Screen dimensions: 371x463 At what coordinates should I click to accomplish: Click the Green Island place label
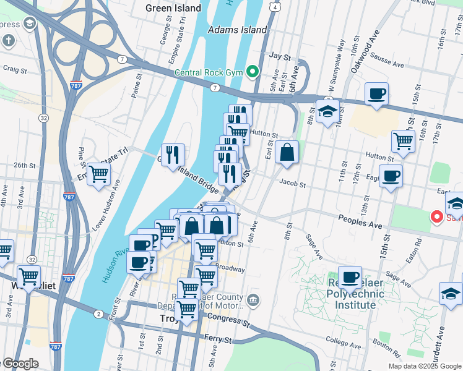[x=173, y=8]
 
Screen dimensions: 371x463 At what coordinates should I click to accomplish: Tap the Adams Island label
[x=238, y=30]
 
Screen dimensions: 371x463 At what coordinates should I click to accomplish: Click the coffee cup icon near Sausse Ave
[x=376, y=95]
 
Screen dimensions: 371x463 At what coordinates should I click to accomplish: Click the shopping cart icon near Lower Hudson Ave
[x=98, y=175]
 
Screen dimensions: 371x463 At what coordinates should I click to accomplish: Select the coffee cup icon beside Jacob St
[x=391, y=176]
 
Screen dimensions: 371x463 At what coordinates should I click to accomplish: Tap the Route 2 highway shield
[x=98, y=314]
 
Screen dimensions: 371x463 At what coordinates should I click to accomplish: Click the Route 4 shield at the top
[x=273, y=7]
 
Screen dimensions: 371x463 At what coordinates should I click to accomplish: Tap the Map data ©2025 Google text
[x=425, y=365]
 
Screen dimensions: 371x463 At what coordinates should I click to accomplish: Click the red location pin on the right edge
[x=436, y=216]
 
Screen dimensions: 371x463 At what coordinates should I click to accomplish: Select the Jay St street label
[x=280, y=56]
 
